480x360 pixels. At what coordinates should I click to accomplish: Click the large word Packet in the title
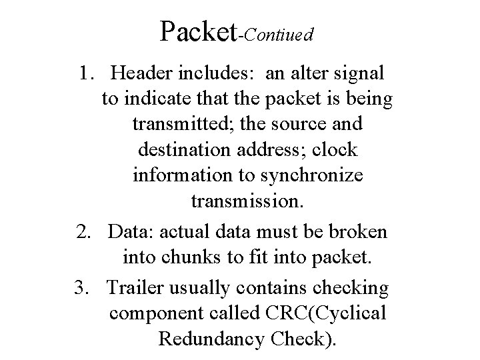[x=199, y=31]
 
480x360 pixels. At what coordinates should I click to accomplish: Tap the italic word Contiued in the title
[x=278, y=35]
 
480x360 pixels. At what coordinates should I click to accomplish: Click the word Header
[x=143, y=73]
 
